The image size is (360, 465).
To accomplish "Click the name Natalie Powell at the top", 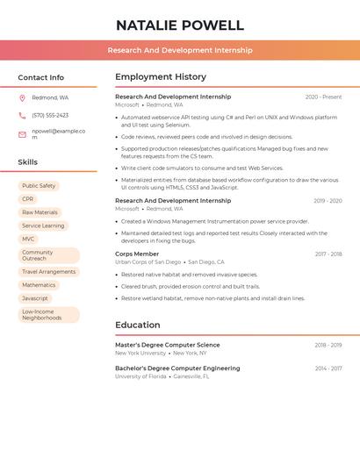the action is (180, 25).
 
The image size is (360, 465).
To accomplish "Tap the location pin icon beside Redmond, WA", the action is (22, 98).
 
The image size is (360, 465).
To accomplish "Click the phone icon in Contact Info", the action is (22, 116).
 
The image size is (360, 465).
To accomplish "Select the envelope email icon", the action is (22, 134).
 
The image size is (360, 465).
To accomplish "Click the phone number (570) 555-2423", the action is (50, 116).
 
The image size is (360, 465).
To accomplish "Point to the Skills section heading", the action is (28, 162).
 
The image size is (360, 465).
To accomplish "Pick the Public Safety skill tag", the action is (39, 186).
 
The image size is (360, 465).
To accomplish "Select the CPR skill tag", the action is (28, 199).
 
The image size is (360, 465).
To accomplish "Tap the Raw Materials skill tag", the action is (40, 212).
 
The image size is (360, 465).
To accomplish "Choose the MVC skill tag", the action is (29, 239).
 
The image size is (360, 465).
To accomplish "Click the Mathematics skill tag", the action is (39, 285).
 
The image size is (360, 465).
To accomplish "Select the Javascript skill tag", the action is (35, 298).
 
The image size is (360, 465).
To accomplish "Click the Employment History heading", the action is (161, 77).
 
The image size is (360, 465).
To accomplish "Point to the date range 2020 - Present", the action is (323, 97).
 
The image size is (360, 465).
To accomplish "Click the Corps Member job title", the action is (137, 254).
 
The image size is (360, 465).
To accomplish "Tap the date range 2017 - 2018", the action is (328, 254).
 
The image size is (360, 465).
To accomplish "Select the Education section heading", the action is (138, 325).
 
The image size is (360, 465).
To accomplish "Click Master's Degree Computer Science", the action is (168, 345).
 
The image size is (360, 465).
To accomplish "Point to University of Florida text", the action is (140, 376).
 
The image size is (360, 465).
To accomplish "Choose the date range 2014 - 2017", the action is (328, 368).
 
